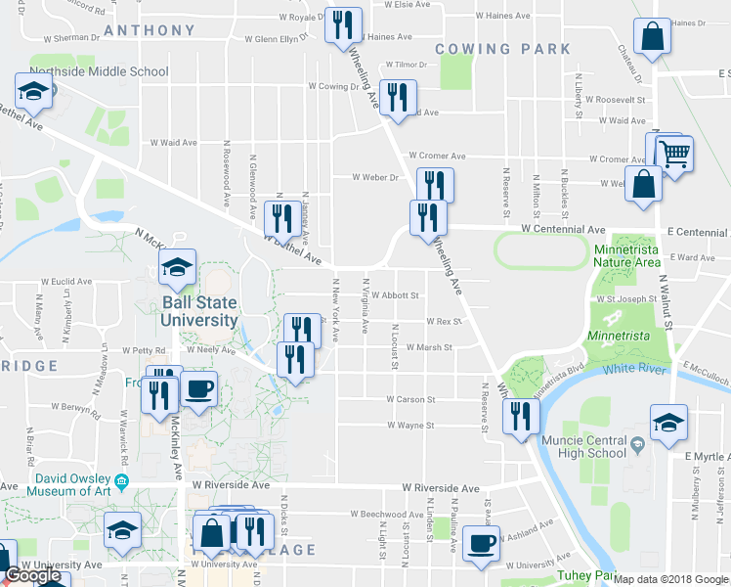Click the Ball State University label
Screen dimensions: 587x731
pyautogui.click(x=199, y=311)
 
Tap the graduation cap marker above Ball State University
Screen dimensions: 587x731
pyautogui.click(x=177, y=268)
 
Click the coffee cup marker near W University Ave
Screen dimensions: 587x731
pyautogui.click(x=480, y=544)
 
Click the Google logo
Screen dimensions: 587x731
pyautogui.click(x=32, y=576)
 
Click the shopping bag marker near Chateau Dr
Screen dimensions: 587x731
pyautogui.click(x=652, y=38)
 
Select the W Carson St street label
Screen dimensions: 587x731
pyautogui.click(x=410, y=400)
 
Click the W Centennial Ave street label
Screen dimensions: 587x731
pyautogui.click(x=563, y=229)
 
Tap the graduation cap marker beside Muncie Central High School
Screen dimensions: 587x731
pyautogui.click(x=668, y=424)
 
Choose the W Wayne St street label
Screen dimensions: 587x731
pyautogui.click(x=410, y=426)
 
